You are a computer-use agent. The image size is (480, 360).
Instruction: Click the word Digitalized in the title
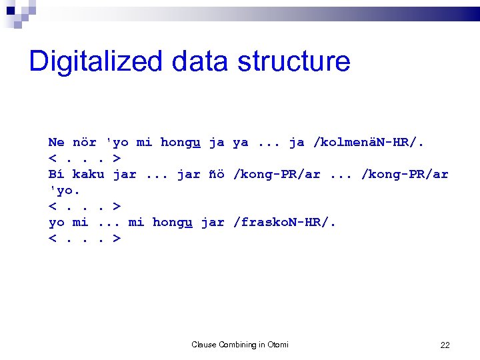(x=95, y=61)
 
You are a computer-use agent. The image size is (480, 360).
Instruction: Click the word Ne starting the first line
(x=56, y=142)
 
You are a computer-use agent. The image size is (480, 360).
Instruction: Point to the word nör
(x=84, y=142)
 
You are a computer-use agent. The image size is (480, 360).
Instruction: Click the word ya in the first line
(x=240, y=142)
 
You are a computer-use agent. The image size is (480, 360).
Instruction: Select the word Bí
(x=56, y=174)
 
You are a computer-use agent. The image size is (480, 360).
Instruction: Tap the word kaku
(x=88, y=174)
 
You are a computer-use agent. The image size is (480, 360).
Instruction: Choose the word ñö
(x=216, y=174)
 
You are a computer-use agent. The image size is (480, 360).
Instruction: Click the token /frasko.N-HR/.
(x=285, y=222)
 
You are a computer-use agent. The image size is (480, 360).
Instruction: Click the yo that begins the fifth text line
(x=56, y=222)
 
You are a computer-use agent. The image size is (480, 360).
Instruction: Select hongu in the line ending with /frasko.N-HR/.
(x=173, y=223)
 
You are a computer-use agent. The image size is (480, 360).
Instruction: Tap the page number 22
(x=445, y=345)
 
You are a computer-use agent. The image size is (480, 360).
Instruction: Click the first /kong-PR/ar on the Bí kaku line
(x=277, y=174)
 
